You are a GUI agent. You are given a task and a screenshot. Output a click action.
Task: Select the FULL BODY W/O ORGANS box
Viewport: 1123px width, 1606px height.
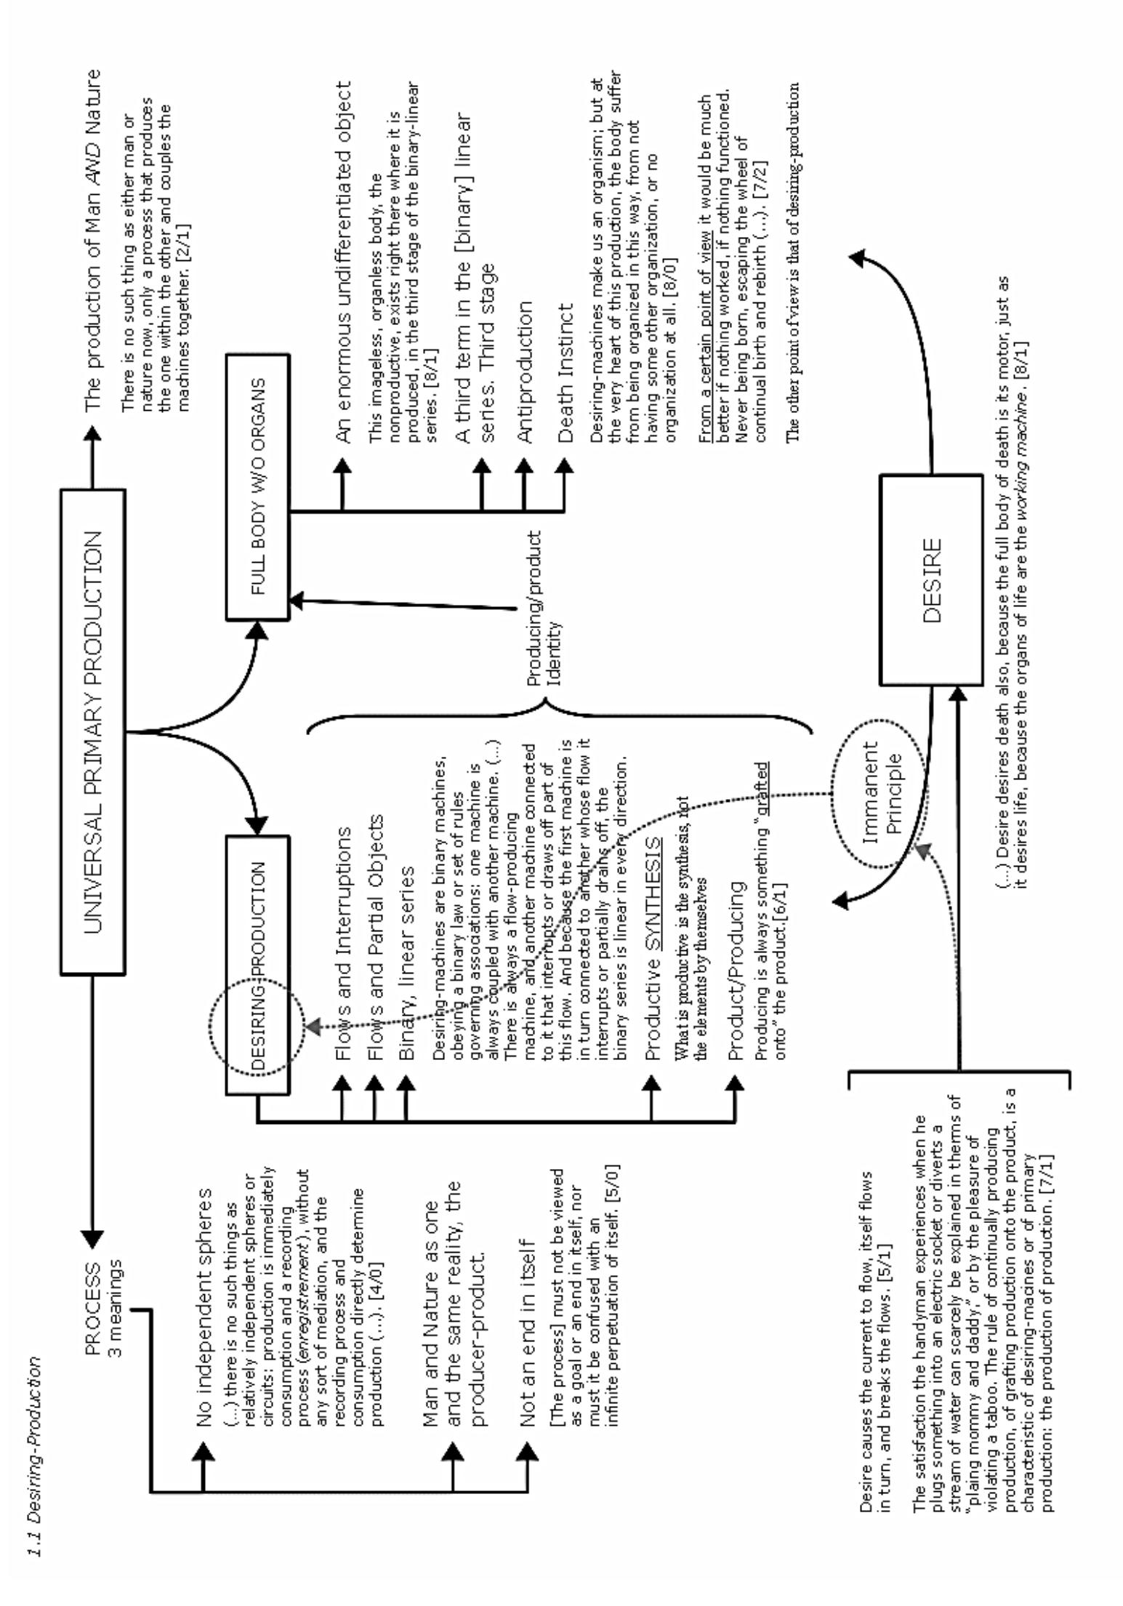[x=257, y=486]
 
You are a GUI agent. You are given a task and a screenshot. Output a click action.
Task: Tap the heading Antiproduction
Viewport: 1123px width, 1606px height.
[x=524, y=371]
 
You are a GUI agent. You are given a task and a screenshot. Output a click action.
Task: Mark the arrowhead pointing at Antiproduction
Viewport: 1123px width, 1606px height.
[x=523, y=466]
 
